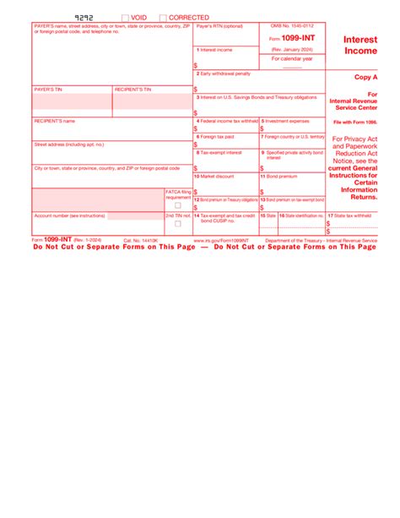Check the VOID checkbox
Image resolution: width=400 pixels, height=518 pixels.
pos(125,17)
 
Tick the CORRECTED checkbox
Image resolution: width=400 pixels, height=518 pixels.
pos(163,17)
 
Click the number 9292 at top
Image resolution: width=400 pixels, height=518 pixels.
pos(85,17)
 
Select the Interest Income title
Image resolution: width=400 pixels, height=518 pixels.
pos(361,45)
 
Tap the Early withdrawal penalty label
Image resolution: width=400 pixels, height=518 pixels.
pos(224,74)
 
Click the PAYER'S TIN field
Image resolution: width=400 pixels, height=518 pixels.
pos(72,102)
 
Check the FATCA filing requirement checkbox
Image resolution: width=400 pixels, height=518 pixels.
pos(177,205)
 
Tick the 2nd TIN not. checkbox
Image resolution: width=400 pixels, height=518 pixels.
pos(177,225)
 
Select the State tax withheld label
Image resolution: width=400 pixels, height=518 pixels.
pos(350,215)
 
